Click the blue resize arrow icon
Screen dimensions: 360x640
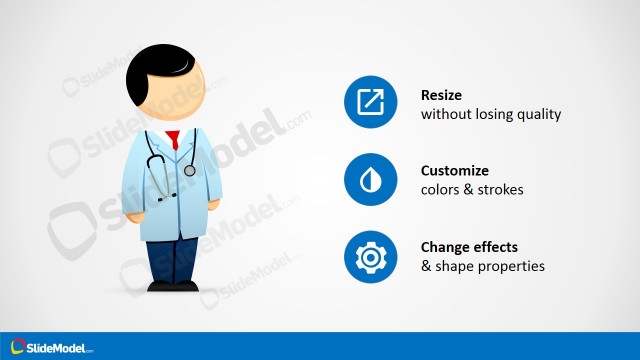click(x=371, y=103)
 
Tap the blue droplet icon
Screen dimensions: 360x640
click(x=371, y=180)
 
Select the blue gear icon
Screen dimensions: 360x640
click(x=371, y=256)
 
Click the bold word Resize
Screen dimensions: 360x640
click(x=442, y=96)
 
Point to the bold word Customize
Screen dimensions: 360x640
click(x=455, y=171)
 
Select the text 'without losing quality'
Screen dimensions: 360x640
click(x=490, y=114)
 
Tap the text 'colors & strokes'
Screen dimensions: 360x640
click(x=472, y=190)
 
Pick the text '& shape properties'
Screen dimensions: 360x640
click(x=482, y=266)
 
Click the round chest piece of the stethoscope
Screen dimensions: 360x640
click(x=190, y=170)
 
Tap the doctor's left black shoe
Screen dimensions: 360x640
click(x=159, y=286)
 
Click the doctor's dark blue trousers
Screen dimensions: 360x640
click(x=172, y=255)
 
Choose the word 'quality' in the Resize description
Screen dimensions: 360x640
click(x=540, y=114)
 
